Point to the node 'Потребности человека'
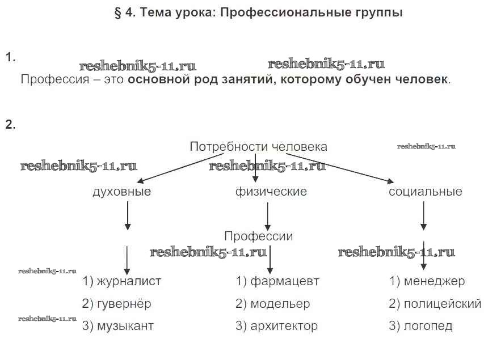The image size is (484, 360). click(x=258, y=147)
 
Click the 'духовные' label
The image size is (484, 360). click(x=121, y=192)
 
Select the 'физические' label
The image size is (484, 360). click(x=271, y=192)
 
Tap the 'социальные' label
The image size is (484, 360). click(x=426, y=192)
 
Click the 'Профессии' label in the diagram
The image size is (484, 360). click(x=259, y=236)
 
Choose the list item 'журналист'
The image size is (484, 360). click(x=129, y=281)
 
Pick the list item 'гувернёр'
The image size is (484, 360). click(x=124, y=304)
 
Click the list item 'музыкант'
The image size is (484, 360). click(x=125, y=327)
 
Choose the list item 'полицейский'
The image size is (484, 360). click(x=442, y=304)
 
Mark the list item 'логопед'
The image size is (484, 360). click(x=428, y=327)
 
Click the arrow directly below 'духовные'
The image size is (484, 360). click(x=128, y=215)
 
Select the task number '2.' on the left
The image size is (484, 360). click(x=10, y=125)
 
